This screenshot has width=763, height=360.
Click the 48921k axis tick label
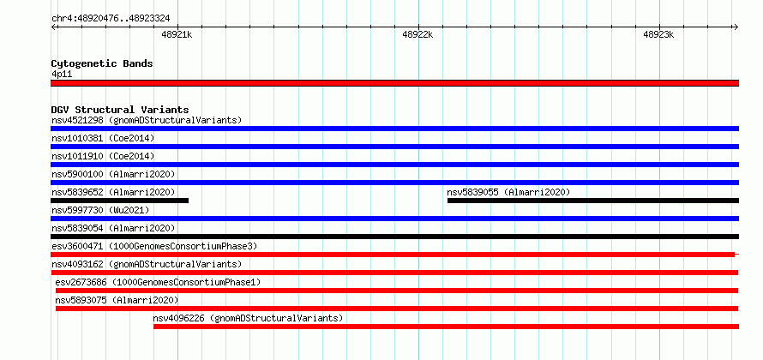pyautogui.click(x=177, y=34)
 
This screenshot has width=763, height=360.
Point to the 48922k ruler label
pyautogui.click(x=418, y=34)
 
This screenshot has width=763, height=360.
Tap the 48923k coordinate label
pyautogui.click(x=658, y=34)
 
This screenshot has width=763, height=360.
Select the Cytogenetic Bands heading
pyautogui.click(x=102, y=63)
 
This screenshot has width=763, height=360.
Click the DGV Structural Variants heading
pyautogui.click(x=120, y=110)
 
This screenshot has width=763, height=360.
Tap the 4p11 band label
pyautogui.click(x=62, y=74)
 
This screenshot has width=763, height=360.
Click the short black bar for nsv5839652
pyautogui.click(x=119, y=201)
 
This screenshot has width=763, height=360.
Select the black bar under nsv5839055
pyautogui.click(x=593, y=201)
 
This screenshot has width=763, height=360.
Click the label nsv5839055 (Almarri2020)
pyautogui.click(x=508, y=192)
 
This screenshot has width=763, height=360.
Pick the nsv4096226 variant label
pyautogui.click(x=248, y=318)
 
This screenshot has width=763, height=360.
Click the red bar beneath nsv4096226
pyautogui.click(x=446, y=327)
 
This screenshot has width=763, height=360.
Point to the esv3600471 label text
pyautogui.click(x=154, y=246)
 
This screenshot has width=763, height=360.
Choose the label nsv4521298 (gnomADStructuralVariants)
pyautogui.click(x=147, y=120)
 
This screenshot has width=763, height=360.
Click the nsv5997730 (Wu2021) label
pyautogui.click(x=100, y=210)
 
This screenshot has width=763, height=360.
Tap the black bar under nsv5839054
pyautogui.click(x=394, y=237)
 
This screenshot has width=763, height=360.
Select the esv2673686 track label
pyautogui.click(x=158, y=282)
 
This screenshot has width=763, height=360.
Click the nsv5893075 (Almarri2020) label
pyautogui.click(x=117, y=300)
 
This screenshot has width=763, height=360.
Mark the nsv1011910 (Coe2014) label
pyautogui.click(x=103, y=156)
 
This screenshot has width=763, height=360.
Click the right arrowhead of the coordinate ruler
pyautogui.click(x=736, y=27)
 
